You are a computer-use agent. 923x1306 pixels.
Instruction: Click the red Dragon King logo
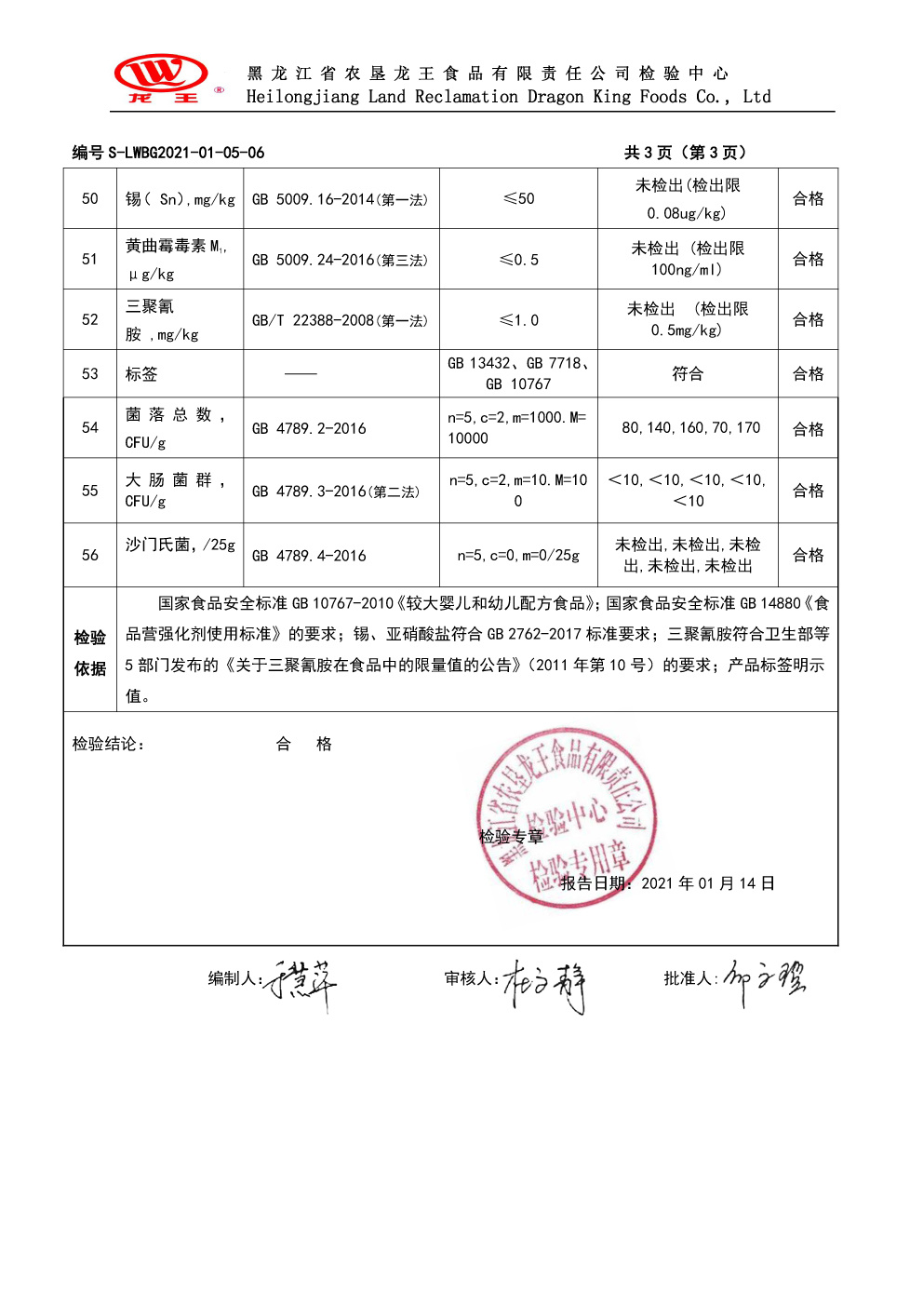coord(162,77)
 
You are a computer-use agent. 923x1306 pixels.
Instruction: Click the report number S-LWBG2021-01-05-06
coord(185,153)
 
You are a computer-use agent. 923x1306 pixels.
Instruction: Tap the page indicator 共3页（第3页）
coord(685,153)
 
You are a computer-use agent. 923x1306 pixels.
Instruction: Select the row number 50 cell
coord(90,198)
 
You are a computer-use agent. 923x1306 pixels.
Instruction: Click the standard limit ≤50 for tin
coord(518,198)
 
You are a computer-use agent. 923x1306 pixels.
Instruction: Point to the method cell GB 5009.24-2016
coord(341,260)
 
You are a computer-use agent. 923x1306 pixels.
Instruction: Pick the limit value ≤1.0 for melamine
coord(518,320)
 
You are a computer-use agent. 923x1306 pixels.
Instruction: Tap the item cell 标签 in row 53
coord(141,374)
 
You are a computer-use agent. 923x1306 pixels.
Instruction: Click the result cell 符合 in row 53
coord(688,373)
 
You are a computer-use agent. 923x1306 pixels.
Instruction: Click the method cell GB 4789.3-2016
coord(336,491)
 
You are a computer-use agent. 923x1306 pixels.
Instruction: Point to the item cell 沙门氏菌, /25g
coord(180,545)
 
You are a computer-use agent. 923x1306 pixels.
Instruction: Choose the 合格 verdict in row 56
coord(808,555)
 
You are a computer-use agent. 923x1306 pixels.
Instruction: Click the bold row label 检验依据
coord(90,653)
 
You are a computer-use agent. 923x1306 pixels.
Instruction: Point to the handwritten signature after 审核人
coord(544,986)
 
